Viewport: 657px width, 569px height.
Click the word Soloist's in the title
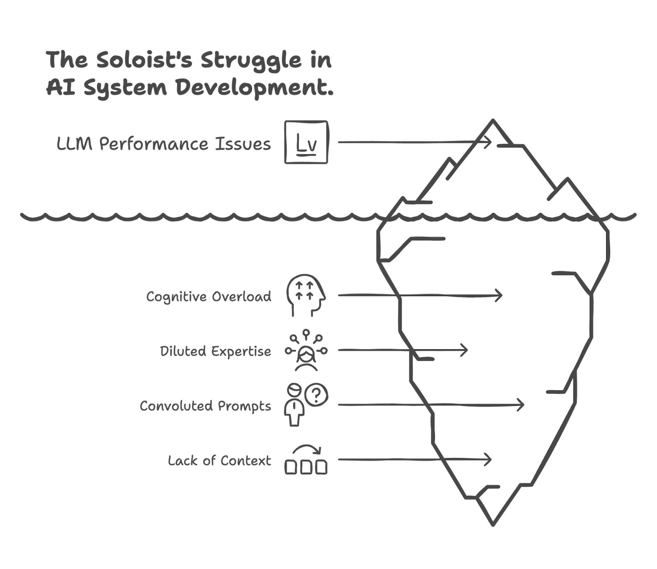click(x=142, y=60)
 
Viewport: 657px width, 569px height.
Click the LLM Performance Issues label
click(x=163, y=144)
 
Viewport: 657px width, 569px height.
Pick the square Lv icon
click(x=307, y=143)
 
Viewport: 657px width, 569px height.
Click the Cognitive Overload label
click(x=209, y=296)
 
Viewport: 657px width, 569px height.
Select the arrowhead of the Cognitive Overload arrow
click(x=499, y=295)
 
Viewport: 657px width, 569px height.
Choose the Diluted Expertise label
click(x=216, y=351)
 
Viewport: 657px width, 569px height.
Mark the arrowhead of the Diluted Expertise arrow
click(x=465, y=350)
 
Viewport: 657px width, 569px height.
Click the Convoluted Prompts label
click(x=205, y=405)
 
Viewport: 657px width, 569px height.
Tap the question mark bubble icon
click(x=317, y=395)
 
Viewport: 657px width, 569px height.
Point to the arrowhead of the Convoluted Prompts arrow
click(x=521, y=405)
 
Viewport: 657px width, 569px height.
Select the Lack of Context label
click(x=219, y=460)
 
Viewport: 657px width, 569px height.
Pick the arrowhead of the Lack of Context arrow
click(x=489, y=459)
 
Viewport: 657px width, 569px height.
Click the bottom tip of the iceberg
click(x=492, y=523)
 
